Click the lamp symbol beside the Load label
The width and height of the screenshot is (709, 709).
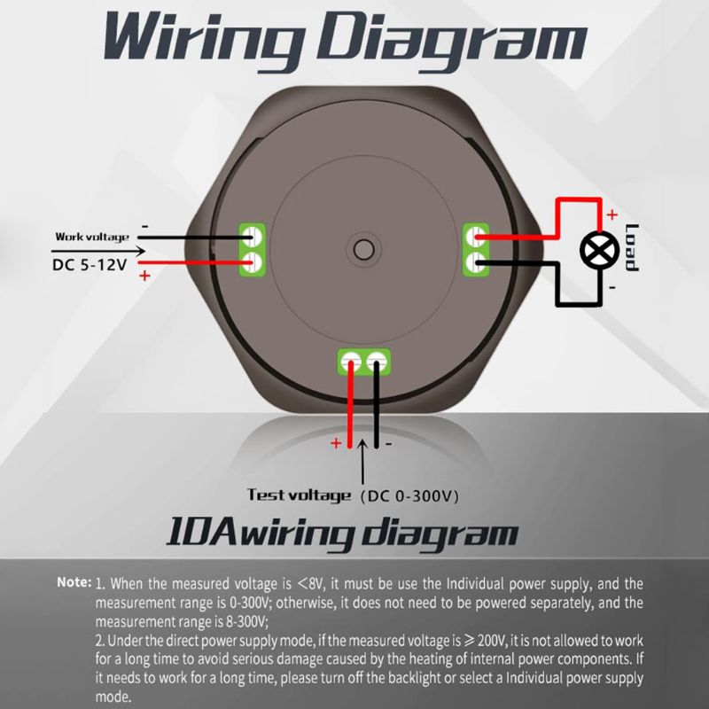599,250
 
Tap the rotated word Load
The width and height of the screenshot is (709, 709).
632,248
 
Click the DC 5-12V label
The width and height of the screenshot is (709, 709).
90,264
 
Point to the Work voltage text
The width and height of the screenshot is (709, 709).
92,237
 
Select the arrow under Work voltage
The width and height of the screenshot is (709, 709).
98,251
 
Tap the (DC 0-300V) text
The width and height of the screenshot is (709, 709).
409,496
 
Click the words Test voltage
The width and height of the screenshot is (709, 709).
299,495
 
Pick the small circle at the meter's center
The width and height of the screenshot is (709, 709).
363,250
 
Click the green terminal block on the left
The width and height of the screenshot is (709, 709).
252,249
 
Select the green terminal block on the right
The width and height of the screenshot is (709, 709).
476,249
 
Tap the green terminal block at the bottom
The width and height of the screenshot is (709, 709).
364,362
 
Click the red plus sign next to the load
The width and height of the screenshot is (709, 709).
612,214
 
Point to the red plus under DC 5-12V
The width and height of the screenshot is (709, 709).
144,276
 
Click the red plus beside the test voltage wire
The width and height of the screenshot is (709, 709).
336,443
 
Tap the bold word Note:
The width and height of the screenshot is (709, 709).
74,582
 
